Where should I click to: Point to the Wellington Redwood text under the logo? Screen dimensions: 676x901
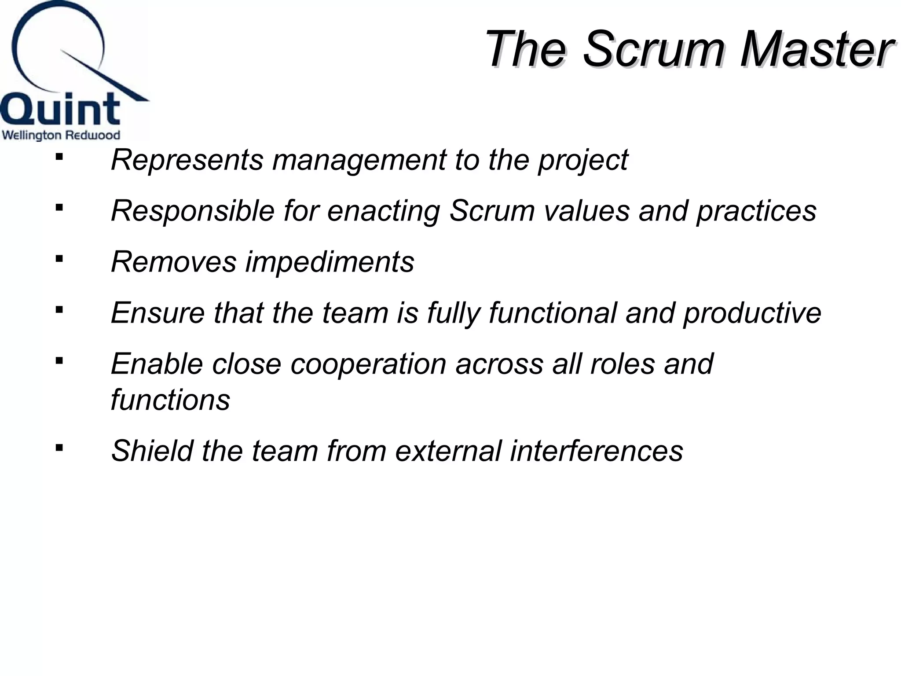pos(61,135)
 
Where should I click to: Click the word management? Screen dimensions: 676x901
pos(359,160)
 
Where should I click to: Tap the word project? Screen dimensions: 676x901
pos(582,160)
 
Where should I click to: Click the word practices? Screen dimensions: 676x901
pos(756,211)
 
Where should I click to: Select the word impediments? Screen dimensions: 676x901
pos(330,262)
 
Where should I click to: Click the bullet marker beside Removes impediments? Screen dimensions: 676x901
pos(59,259)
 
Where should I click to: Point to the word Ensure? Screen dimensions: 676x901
pos(157,313)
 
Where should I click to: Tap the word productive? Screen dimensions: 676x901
pos(752,313)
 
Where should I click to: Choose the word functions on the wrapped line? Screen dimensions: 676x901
pos(170,400)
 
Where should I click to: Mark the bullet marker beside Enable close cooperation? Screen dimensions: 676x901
pos(59,361)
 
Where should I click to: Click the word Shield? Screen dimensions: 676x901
pos(152,451)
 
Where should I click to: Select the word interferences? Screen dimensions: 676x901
pos(596,451)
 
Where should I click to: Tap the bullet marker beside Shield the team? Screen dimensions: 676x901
pos(59,448)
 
